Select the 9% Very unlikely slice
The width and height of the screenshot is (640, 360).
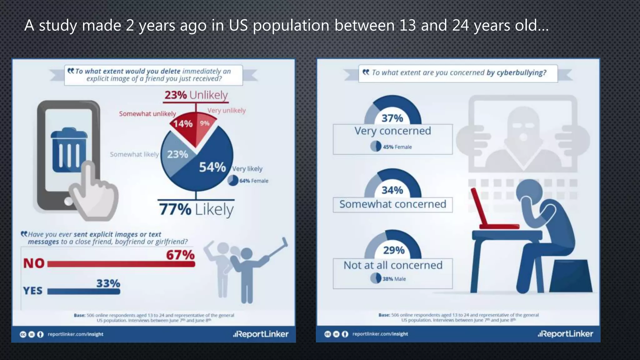pyautogui.click(x=205, y=125)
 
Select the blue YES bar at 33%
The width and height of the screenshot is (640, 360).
pyautogui.click(x=84, y=292)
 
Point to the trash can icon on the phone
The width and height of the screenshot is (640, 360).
pyautogui.click(x=69, y=150)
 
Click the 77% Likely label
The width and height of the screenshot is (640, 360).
pyautogui.click(x=196, y=209)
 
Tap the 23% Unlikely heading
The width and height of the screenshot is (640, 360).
pyautogui.click(x=196, y=95)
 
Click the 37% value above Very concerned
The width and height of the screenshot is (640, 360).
pyautogui.click(x=392, y=118)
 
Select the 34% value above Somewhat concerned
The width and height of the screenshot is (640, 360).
pyautogui.click(x=392, y=190)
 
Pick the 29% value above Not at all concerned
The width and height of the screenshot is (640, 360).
pyautogui.click(x=393, y=250)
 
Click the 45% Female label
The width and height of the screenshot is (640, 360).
pyautogui.click(x=397, y=147)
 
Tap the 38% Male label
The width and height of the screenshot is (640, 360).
pyautogui.click(x=394, y=279)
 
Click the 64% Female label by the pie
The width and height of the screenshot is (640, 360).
pyautogui.click(x=253, y=181)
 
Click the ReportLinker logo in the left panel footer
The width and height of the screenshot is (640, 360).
pyautogui.click(x=261, y=334)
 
